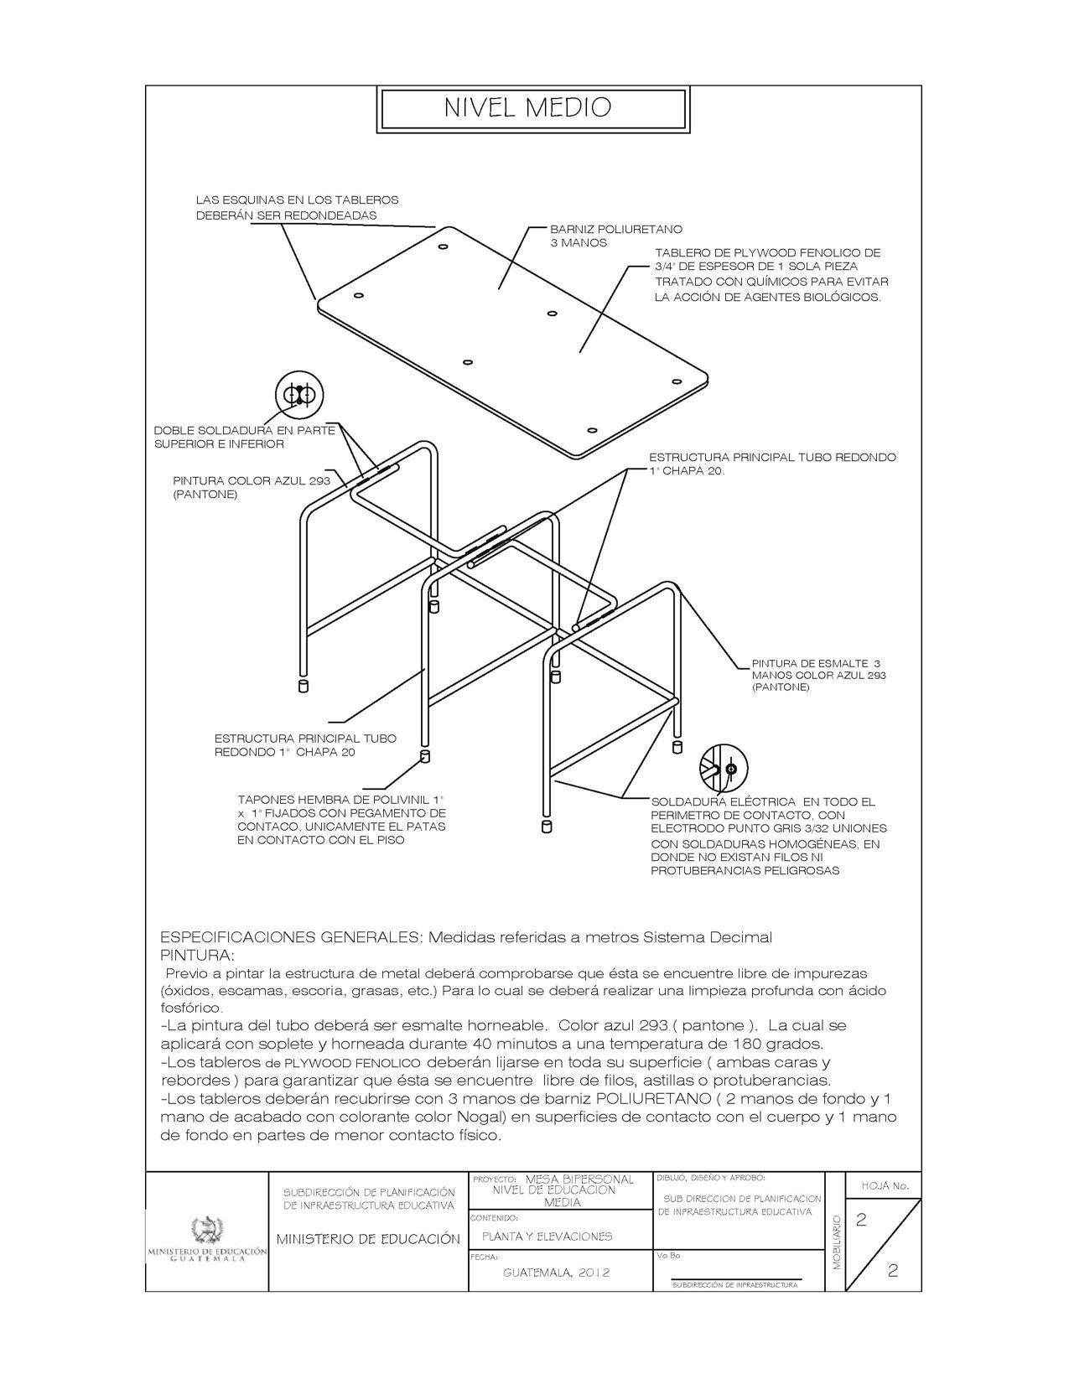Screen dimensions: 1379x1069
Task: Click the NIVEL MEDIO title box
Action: coord(534,108)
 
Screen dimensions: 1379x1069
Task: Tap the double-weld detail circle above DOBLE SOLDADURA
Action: coord(299,394)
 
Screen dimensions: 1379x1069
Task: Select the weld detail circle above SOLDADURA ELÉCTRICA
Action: coord(723,767)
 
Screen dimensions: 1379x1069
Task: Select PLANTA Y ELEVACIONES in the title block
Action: coord(547,1236)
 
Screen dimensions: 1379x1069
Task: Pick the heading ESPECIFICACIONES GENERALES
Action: coord(290,936)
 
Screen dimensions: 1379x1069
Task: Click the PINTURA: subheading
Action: coord(198,955)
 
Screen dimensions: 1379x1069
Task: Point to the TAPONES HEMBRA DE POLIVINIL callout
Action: coord(341,819)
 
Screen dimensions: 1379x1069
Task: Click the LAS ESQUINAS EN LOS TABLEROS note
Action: coord(297,207)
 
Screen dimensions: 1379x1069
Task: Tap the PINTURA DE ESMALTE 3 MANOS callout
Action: coord(817,675)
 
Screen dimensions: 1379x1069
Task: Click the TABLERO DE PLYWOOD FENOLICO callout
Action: coord(771,274)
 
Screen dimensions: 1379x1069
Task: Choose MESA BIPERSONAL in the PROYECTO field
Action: coord(579,1179)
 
